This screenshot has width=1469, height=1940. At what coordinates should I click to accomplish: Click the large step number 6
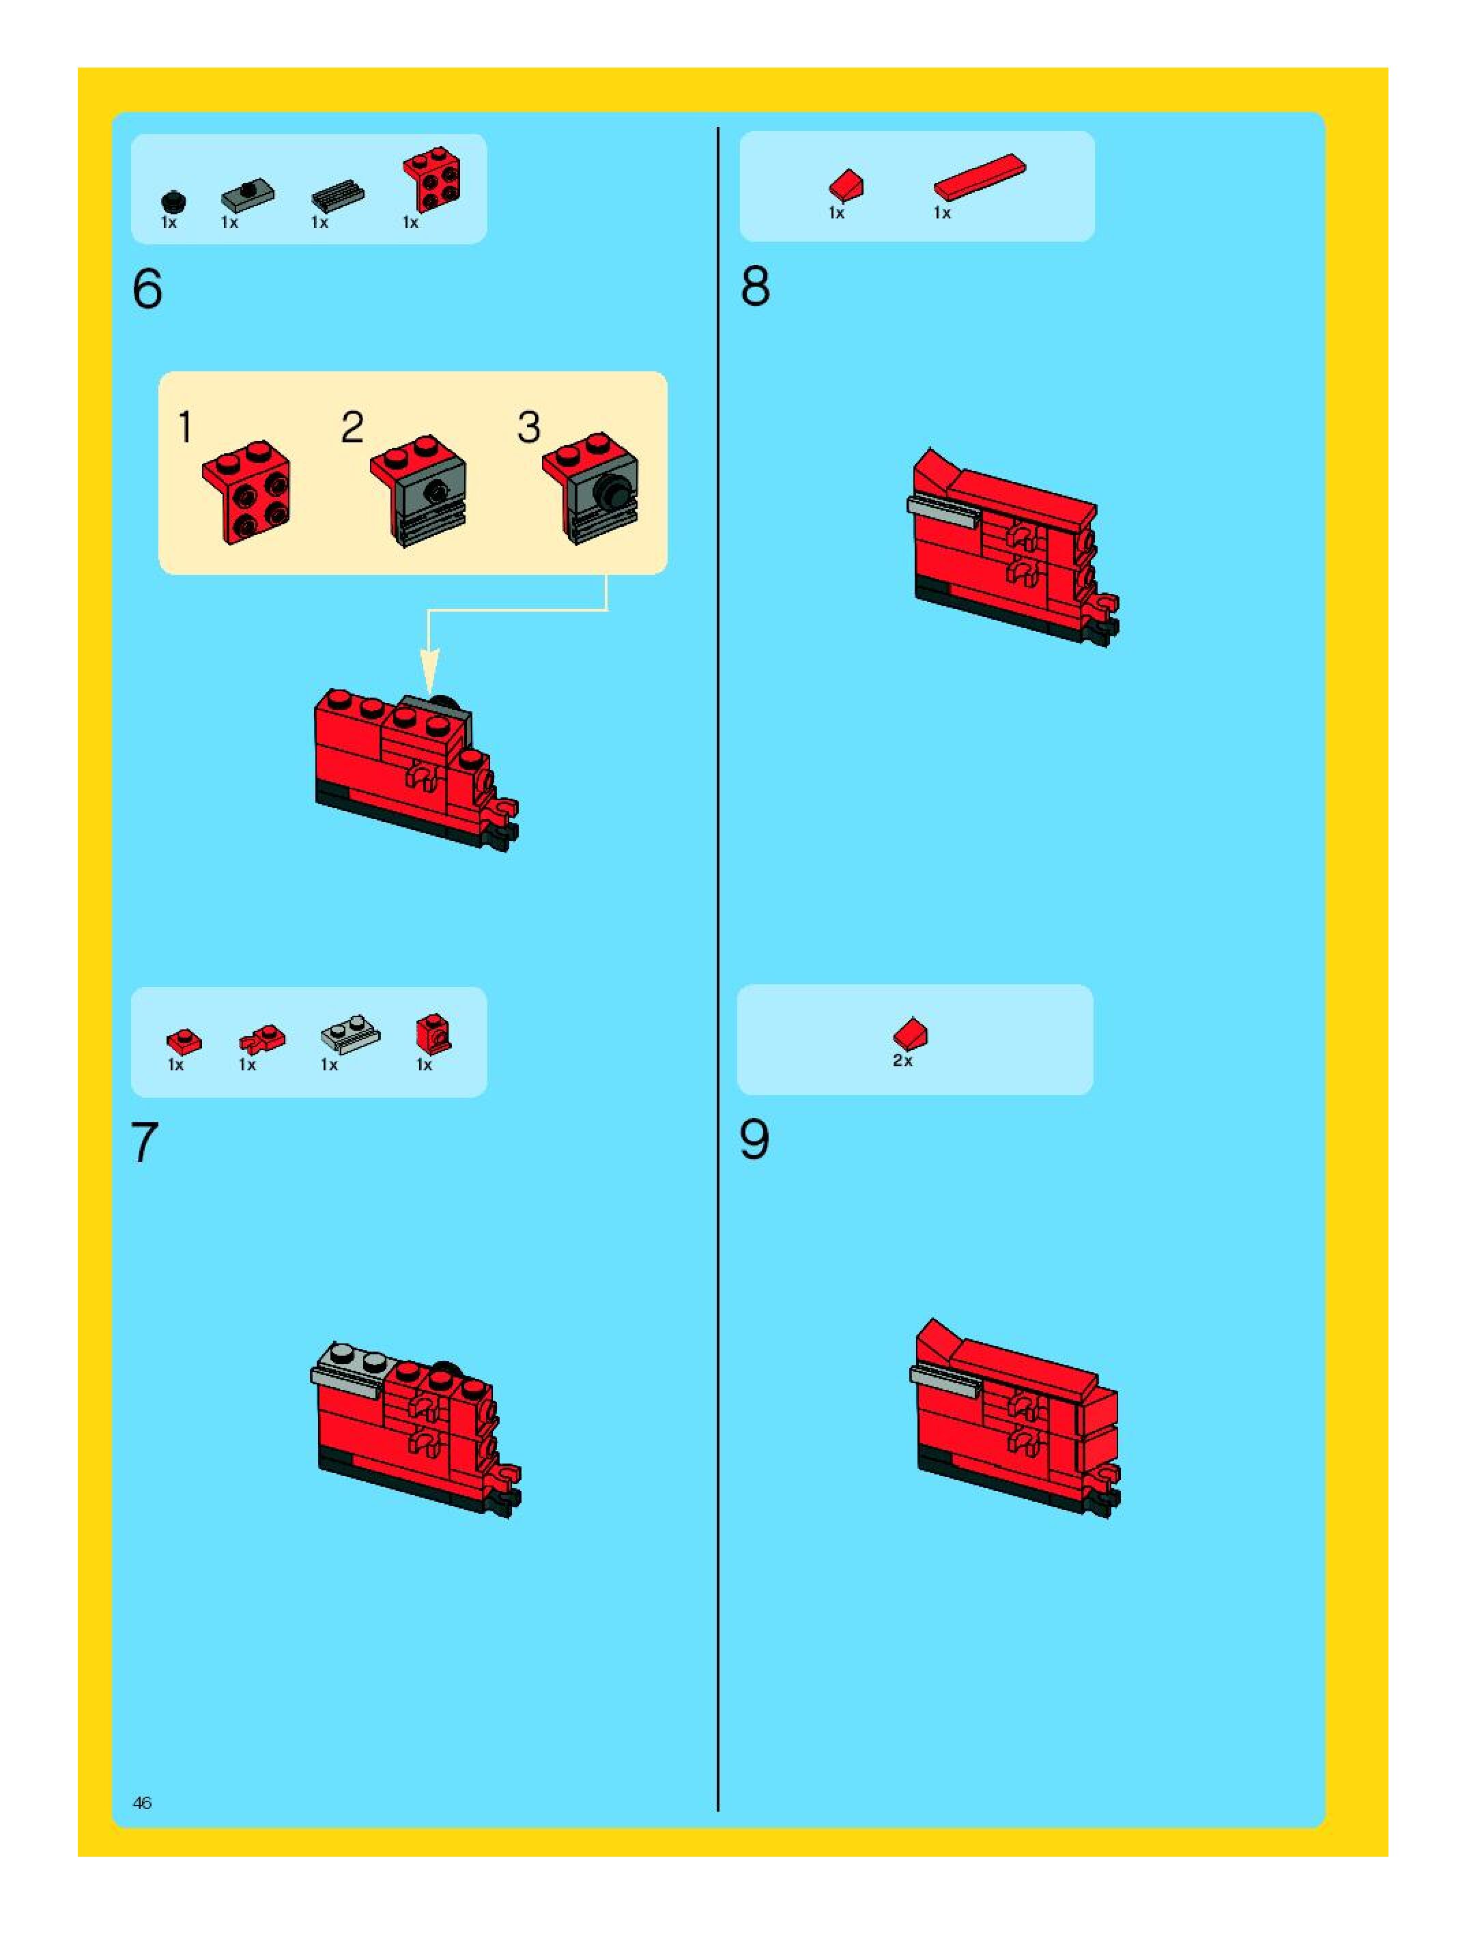coord(147,289)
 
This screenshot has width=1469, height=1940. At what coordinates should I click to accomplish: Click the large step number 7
coord(145,1142)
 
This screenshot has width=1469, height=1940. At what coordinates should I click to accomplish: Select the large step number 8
coord(755,286)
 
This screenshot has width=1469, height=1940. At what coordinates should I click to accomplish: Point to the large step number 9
coord(754,1139)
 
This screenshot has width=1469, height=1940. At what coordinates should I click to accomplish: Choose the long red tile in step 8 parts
coord(980,176)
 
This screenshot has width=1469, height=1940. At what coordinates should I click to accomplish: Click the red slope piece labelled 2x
coord(911,1034)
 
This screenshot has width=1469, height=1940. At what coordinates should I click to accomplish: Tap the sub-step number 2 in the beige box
coord(352,427)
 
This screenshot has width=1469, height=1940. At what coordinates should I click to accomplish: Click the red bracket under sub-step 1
coord(246,492)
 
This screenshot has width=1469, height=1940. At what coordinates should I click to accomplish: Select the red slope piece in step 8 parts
coord(846,186)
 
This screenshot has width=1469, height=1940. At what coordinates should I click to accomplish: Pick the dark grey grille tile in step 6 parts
coord(338,197)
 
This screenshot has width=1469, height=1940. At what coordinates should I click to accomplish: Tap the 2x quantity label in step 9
coord(903,1060)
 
